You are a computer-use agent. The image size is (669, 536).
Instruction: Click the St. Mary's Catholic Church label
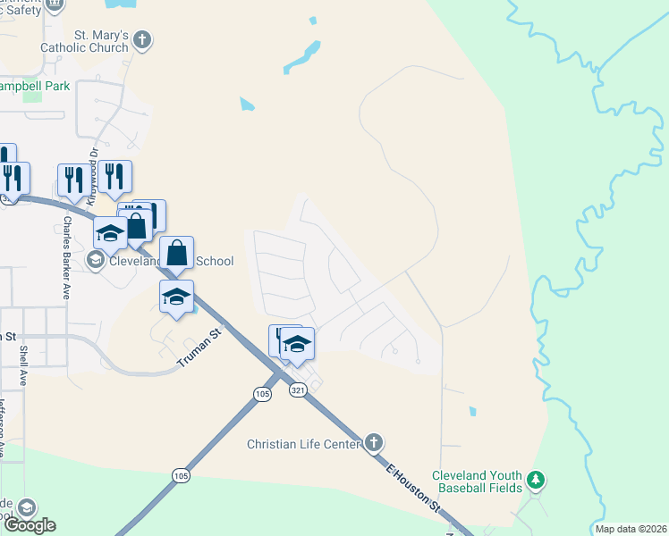(89, 41)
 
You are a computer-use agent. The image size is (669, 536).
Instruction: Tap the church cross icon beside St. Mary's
(143, 40)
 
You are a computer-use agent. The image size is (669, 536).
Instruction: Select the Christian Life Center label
(304, 444)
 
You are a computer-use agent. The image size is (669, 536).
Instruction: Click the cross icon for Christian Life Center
(374, 443)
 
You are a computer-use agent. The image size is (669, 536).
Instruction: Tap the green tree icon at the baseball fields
(536, 482)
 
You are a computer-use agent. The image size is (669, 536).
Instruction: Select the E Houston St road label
(414, 488)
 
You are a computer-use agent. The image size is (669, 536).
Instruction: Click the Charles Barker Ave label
(66, 259)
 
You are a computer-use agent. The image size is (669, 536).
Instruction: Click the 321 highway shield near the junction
(297, 390)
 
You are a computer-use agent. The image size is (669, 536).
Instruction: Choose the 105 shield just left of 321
(262, 394)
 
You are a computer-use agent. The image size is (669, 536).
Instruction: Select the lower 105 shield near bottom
(182, 477)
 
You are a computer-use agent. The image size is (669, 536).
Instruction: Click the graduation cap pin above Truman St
(177, 297)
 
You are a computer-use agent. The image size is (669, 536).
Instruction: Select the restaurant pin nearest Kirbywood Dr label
(114, 177)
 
